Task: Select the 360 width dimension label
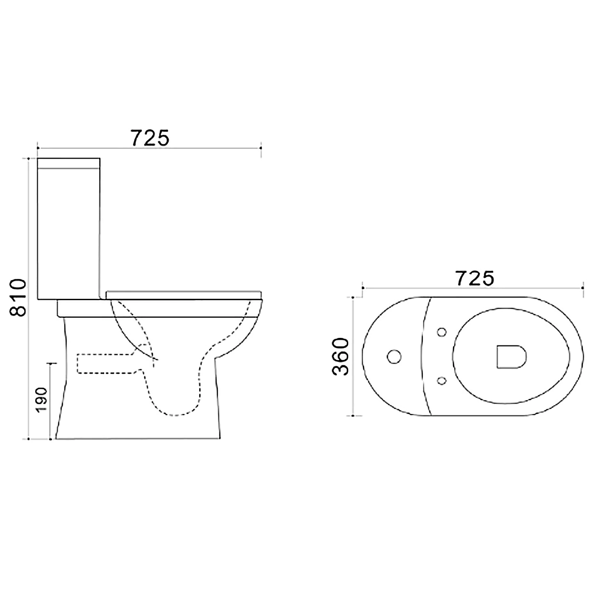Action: (x=340, y=357)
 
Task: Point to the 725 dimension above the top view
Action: (x=475, y=279)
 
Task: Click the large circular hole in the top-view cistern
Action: (x=394, y=357)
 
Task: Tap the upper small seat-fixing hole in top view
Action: (x=442, y=332)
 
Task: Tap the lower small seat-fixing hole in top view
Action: (x=442, y=381)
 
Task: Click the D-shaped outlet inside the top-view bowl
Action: (x=511, y=356)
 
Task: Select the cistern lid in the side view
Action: (x=69, y=163)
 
